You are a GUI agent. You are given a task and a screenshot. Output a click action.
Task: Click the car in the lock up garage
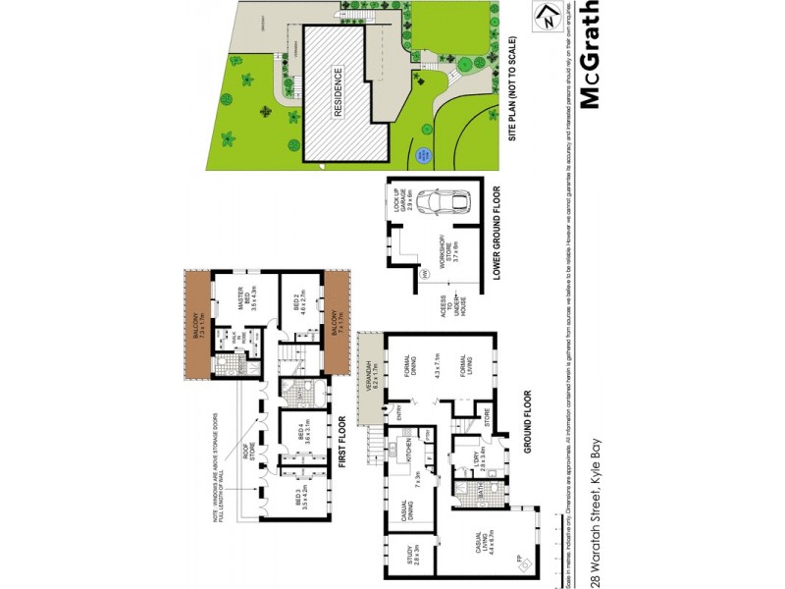coord(441,202)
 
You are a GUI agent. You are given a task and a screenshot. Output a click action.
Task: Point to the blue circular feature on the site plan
coord(424,154)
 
